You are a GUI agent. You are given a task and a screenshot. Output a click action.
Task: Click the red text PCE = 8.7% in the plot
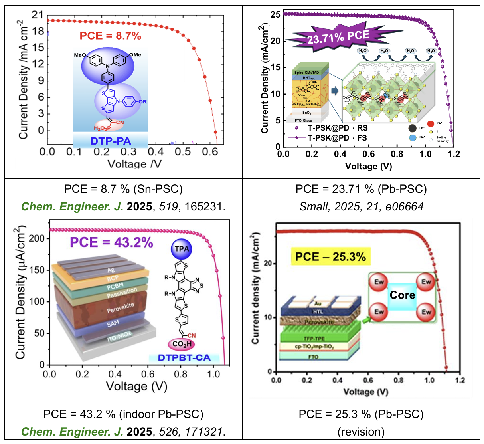pos(111,36)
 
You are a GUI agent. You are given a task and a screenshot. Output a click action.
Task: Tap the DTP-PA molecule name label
pos(111,141)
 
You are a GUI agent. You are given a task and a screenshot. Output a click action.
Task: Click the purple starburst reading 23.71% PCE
pos(338,37)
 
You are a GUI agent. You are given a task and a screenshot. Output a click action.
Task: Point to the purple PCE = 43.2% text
pos(111,242)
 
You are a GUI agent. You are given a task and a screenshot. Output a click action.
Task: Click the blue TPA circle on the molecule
pos(182,249)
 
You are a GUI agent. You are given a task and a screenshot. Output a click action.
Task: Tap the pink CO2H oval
pos(182,344)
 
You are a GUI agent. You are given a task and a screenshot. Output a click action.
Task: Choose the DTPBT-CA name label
pos(184,357)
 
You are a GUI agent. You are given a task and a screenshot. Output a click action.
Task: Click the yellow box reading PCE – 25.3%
pos(330,256)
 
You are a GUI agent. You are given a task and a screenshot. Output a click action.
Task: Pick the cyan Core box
pos(402,295)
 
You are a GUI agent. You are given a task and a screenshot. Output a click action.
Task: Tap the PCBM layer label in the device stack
pos(115,286)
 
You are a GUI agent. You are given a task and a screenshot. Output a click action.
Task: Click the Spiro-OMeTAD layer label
pos(307,72)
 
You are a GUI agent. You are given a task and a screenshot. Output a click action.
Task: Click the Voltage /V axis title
pos(134,164)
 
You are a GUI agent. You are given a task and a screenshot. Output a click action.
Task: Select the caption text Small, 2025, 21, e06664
pos(361,206)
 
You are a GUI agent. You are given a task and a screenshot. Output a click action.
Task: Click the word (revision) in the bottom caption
pos(361,432)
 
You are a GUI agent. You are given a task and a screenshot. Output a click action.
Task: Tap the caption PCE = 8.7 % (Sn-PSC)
pos(123,189)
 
